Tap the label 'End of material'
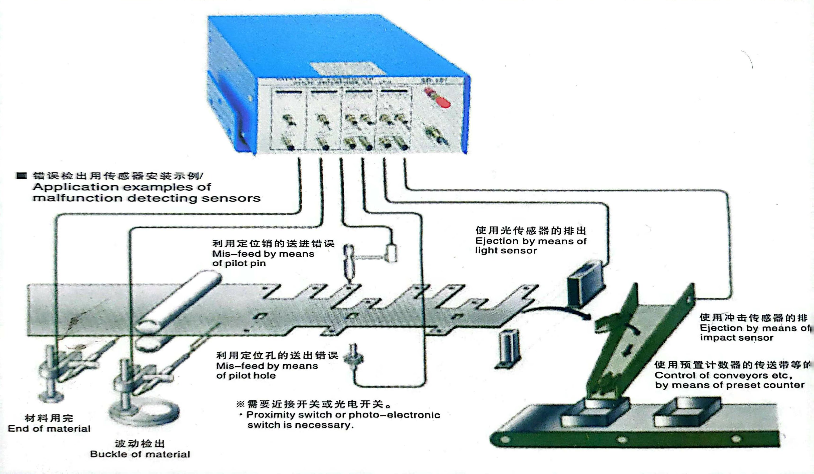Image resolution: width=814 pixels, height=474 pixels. pos(49,429)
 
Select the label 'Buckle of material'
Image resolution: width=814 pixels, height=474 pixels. pos(140,454)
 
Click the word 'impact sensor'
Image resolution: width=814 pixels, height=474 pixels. pos(736,338)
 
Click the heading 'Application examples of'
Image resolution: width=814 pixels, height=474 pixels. pos(122,187)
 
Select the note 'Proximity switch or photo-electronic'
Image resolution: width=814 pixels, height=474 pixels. pos(343,415)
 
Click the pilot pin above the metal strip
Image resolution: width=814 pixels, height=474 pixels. pos(349,262)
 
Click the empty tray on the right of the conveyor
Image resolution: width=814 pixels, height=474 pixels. pos(687,413)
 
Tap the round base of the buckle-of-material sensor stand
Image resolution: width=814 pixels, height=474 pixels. pos(144,413)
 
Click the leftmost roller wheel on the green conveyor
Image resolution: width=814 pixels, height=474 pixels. pos(505,439)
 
